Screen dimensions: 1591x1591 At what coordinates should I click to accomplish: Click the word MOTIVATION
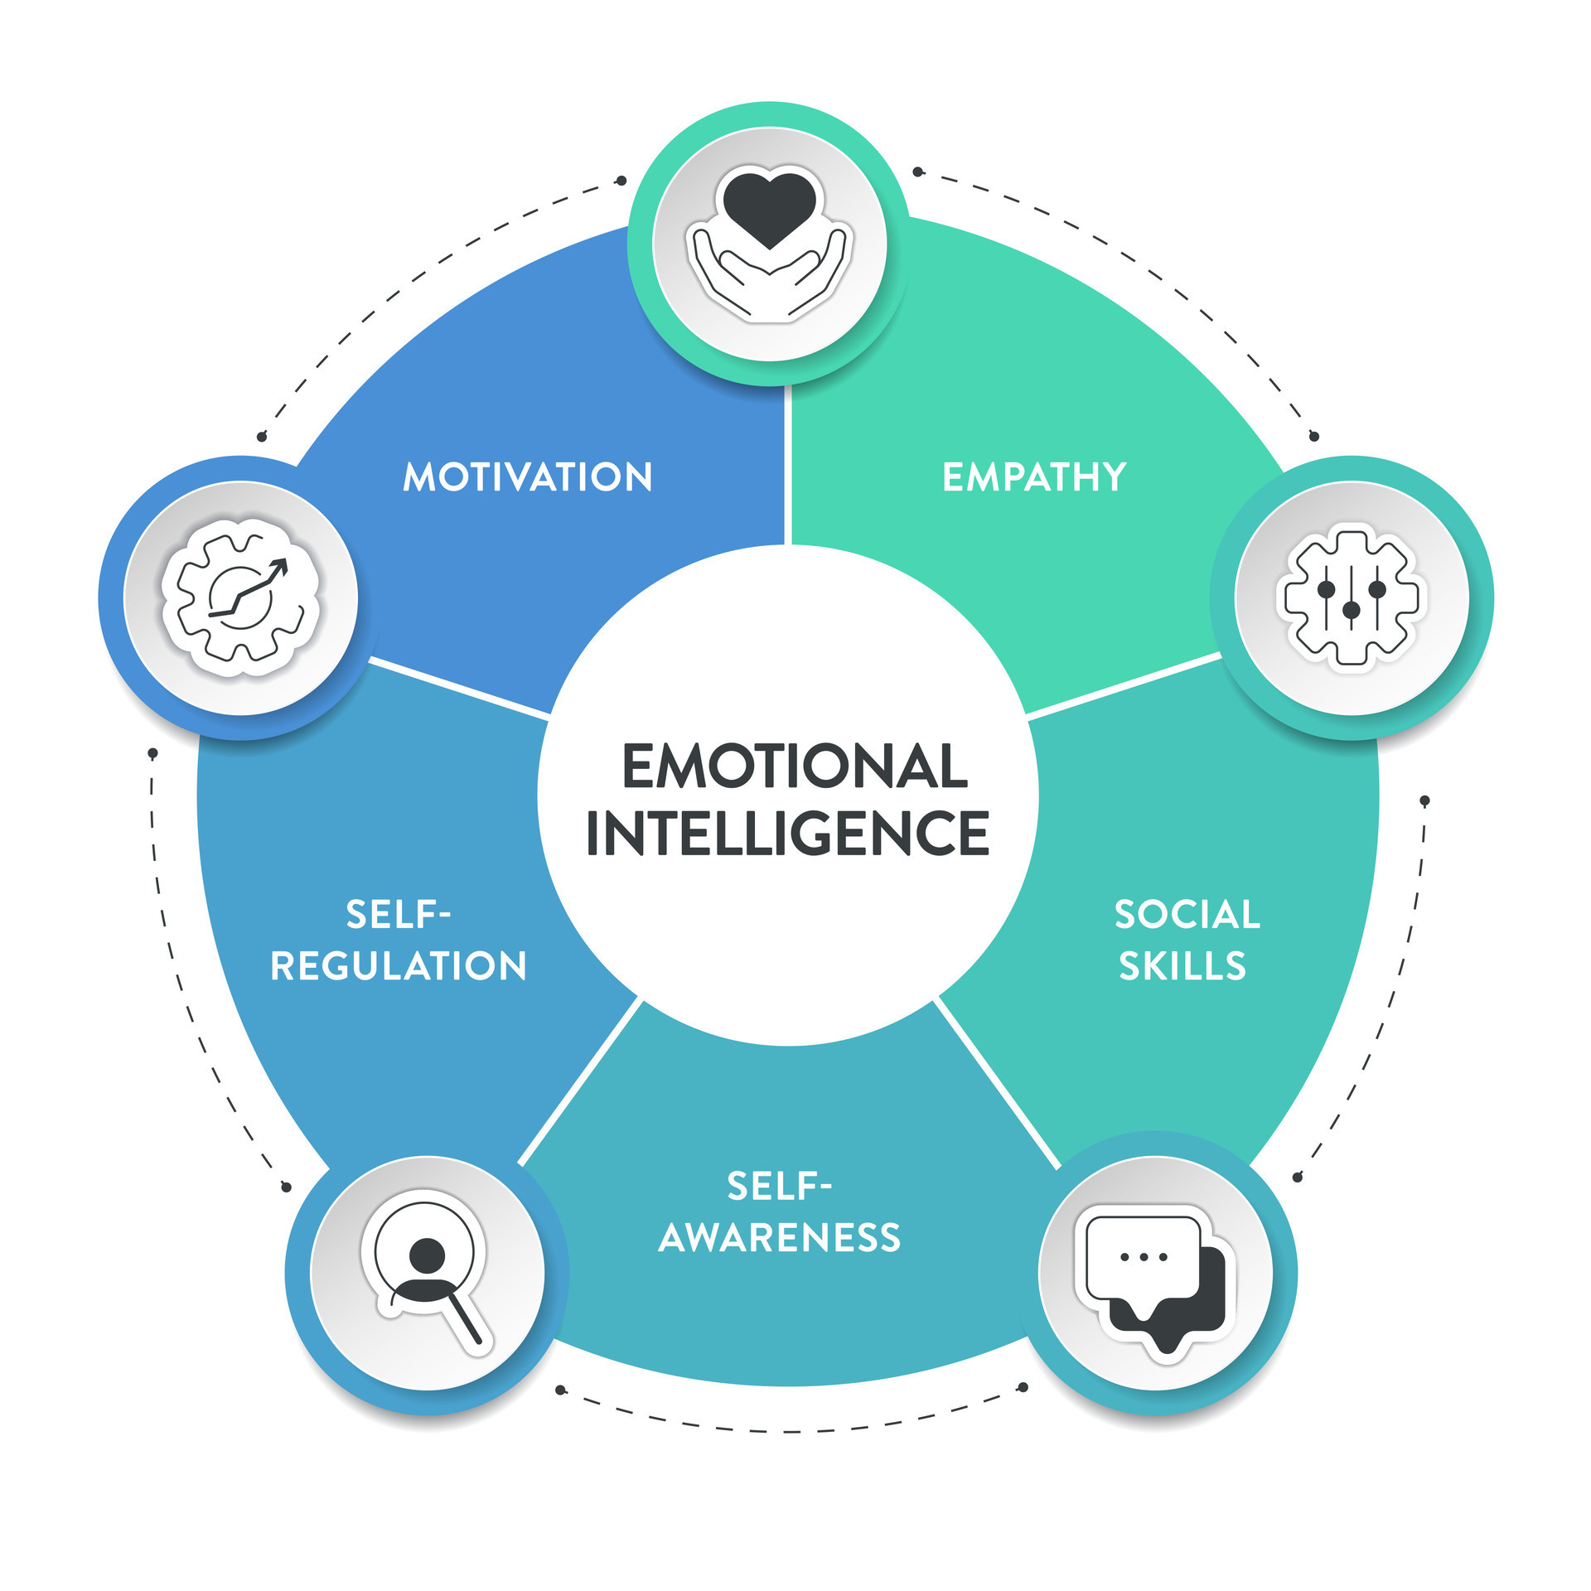click(528, 477)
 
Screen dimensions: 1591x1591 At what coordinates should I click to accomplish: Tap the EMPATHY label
click(1034, 477)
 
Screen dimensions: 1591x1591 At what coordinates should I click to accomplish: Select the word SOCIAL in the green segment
click(1187, 915)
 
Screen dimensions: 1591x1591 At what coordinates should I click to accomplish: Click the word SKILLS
click(1182, 966)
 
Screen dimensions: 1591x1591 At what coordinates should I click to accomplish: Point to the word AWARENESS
click(779, 1238)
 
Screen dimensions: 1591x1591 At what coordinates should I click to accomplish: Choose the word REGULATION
click(399, 966)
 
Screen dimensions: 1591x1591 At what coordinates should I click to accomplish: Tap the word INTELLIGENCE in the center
click(787, 833)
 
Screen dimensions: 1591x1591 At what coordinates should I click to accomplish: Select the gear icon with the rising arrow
click(240, 597)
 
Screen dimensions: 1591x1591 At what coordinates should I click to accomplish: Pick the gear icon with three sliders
click(1352, 597)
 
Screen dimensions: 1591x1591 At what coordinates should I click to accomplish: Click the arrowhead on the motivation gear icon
click(279, 567)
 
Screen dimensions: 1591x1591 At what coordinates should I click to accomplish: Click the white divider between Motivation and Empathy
click(788, 464)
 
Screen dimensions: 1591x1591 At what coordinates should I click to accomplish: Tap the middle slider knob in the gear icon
click(1352, 611)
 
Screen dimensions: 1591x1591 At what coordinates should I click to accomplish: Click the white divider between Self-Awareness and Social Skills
click(998, 1085)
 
